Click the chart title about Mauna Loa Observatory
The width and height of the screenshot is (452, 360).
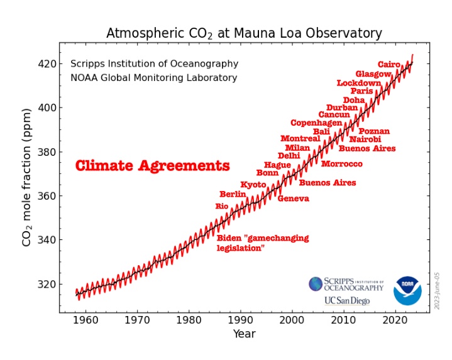[244, 33]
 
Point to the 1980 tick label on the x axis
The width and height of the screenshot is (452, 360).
[187, 320]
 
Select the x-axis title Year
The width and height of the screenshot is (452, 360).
[244, 334]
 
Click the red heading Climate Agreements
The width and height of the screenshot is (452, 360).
[152, 166]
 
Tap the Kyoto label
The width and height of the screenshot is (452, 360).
[253, 184]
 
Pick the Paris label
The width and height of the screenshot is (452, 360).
[361, 91]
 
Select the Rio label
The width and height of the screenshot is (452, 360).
[222, 206]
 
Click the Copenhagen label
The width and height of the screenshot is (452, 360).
[316, 123]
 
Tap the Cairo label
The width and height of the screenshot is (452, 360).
[389, 64]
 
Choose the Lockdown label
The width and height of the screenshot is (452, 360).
[358, 82]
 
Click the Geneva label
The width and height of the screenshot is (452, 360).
[293, 199]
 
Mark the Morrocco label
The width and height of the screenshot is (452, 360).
[341, 164]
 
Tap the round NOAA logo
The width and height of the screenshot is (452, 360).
[407, 290]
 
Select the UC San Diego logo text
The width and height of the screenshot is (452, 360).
[347, 300]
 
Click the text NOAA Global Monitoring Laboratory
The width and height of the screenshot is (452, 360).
[153, 78]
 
